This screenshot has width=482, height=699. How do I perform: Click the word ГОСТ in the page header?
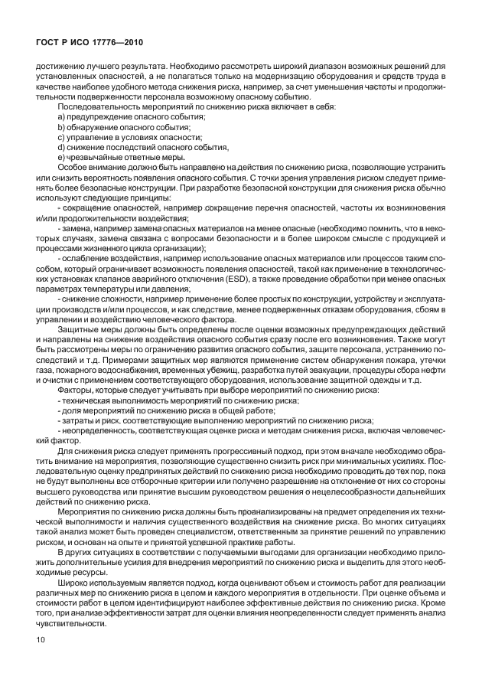(x=50, y=43)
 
